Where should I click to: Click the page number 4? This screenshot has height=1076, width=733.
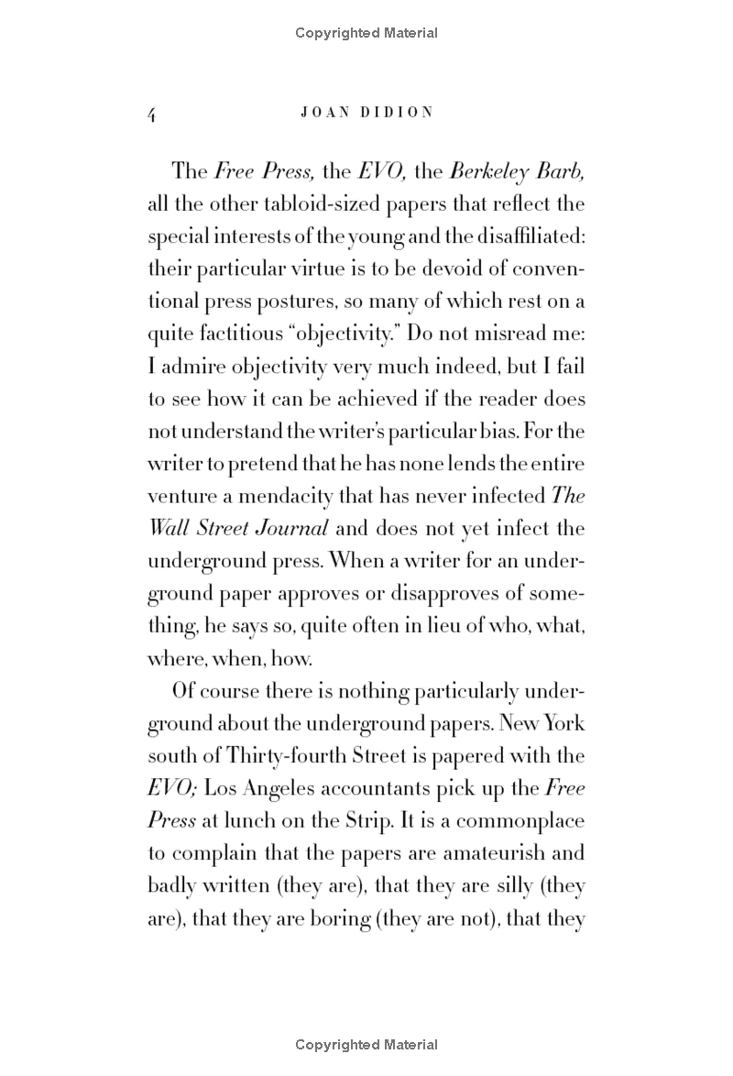pos(153,113)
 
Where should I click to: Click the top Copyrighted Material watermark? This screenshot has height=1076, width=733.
pos(366,33)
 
